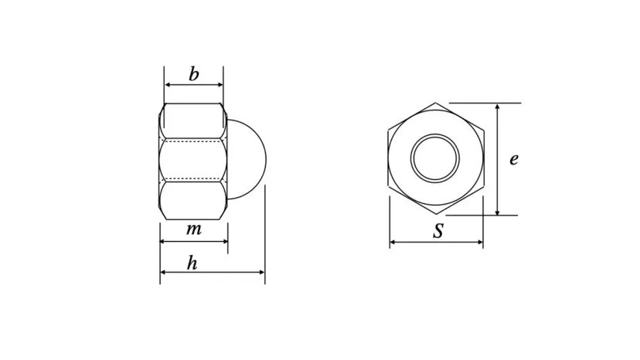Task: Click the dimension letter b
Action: point(194,74)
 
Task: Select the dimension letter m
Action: point(194,229)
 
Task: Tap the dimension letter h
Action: point(192,263)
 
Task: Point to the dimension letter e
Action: point(514,159)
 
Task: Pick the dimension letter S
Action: point(438,231)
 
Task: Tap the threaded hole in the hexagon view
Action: point(434,158)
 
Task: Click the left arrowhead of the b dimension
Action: point(167,85)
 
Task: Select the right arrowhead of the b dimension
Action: point(220,85)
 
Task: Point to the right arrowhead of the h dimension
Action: point(262,272)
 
